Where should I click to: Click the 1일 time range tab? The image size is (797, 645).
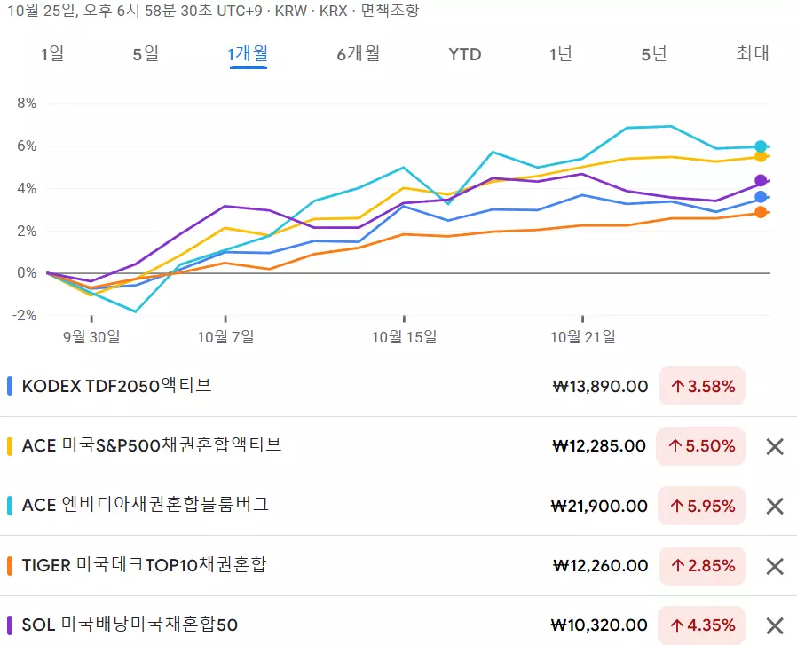coord(52,54)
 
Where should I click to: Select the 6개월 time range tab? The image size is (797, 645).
coord(358,54)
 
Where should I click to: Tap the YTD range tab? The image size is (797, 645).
coord(464,54)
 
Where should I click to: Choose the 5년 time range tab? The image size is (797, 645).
coord(653,54)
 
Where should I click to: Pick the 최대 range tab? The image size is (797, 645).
coord(753,54)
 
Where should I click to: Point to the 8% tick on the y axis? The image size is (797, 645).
coord(27,103)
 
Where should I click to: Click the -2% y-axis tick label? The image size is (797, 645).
coord(25,316)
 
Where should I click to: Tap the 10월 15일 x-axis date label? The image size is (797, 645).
coord(404,337)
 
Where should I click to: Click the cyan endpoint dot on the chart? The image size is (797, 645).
coord(761,146)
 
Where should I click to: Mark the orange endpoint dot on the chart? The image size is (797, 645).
coord(761,212)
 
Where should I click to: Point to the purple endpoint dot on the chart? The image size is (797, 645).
coord(761,180)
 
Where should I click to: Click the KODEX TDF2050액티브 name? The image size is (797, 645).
coord(116,386)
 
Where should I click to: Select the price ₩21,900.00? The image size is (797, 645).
coord(599,506)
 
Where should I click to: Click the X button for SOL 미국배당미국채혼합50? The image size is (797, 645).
coord(775,625)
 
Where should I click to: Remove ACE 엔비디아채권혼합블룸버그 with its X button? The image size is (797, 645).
coord(775,506)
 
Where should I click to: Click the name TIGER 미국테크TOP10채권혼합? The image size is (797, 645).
coord(144,565)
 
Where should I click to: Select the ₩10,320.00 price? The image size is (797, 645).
coord(599,625)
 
